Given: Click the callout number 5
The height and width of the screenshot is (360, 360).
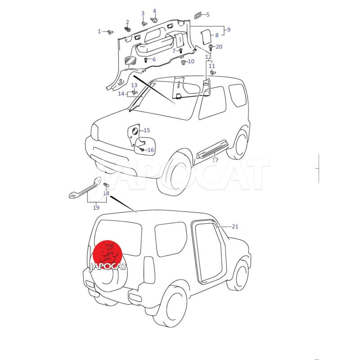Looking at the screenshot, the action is [x=208, y=15].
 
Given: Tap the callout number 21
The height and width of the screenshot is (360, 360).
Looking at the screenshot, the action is [x=235, y=227].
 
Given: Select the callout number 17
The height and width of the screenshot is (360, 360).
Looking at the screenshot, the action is [x=215, y=160].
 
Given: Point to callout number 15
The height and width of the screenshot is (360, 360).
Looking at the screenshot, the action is [x=147, y=130].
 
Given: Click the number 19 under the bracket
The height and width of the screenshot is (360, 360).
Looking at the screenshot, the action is [x=96, y=207].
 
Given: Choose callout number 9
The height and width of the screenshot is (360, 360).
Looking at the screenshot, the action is [x=229, y=30].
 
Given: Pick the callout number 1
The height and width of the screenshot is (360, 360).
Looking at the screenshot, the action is [x=99, y=31].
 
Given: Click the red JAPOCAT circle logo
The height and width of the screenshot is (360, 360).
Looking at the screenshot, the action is [x=108, y=255].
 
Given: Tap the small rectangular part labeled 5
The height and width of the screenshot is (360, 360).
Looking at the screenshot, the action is [x=198, y=16].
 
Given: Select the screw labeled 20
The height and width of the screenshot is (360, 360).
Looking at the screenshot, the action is [x=211, y=48].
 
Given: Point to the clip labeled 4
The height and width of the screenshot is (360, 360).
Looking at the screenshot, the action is [x=154, y=20].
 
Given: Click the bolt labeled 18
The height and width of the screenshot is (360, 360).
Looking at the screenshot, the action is [x=106, y=185].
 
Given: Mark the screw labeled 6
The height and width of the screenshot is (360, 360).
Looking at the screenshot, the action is [x=146, y=60].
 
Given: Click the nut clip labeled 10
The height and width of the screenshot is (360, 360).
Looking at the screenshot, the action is [x=184, y=62].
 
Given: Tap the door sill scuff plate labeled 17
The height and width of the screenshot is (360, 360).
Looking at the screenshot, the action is [x=212, y=148].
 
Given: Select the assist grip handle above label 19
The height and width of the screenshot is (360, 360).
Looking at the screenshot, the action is [x=85, y=188].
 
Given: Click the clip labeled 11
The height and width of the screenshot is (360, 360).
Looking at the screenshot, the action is [x=212, y=73].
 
